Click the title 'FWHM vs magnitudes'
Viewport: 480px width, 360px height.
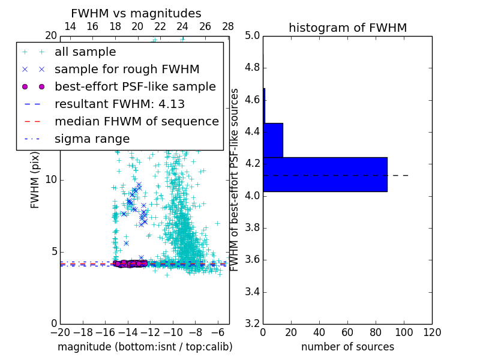click(x=136, y=13)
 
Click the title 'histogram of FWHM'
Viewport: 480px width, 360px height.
click(x=347, y=28)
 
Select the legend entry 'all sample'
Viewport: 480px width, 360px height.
click(x=85, y=52)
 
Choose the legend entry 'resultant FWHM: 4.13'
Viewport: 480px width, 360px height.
click(x=119, y=104)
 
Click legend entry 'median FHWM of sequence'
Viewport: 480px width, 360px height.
click(x=136, y=121)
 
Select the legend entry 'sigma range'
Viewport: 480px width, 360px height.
click(x=92, y=139)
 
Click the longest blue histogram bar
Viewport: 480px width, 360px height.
click(x=325, y=175)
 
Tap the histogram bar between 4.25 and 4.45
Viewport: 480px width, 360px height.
click(x=273, y=140)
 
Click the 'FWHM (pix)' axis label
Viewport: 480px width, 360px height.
click(x=35, y=180)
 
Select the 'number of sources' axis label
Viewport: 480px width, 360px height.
click(x=347, y=347)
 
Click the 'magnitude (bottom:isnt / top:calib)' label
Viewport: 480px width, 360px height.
click(x=145, y=347)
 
